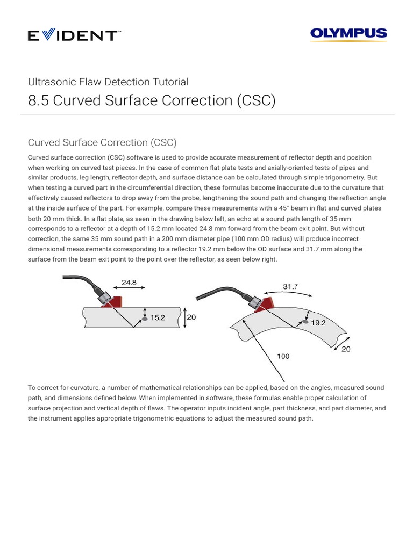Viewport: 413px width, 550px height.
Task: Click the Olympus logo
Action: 348,35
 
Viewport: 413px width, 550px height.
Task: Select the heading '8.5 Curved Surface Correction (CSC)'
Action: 151,101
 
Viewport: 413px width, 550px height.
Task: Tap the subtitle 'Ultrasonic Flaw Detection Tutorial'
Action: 108,82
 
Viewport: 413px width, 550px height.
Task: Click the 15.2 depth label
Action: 157,317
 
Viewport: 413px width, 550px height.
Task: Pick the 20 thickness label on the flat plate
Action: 191,317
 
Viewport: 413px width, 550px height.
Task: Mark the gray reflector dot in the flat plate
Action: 144,320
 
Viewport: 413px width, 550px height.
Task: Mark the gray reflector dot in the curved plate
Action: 305,322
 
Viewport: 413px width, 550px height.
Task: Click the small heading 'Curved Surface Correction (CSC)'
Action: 102,142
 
